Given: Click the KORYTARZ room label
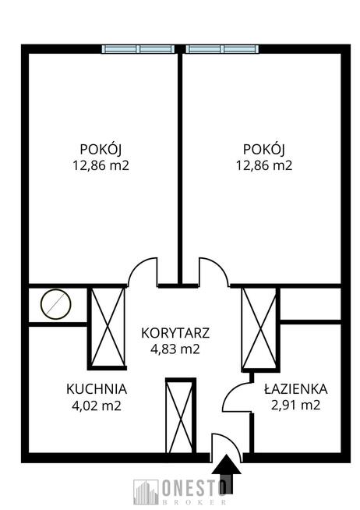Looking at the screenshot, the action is tap(175, 333).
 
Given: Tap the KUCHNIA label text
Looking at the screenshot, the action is tap(97, 389).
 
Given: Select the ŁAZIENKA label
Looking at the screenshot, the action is tap(295, 388).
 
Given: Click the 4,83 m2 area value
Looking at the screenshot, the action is tap(175, 349).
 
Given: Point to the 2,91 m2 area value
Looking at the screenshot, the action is tap(295, 405).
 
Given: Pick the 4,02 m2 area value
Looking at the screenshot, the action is tap(97, 406).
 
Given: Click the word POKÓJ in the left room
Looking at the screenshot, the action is tap(101, 149).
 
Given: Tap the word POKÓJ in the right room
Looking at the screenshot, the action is tap(264, 149).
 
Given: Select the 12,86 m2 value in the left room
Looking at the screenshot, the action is tap(101, 165).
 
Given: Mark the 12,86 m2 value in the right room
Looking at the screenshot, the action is tap(264, 165).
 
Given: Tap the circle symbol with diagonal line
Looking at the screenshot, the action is tap(55, 304).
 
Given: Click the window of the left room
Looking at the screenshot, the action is tap(139, 49).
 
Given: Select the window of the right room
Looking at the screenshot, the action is tap(222, 49).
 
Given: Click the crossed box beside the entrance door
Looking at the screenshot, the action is tap(181, 416).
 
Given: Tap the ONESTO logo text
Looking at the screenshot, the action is tap(194, 488).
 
